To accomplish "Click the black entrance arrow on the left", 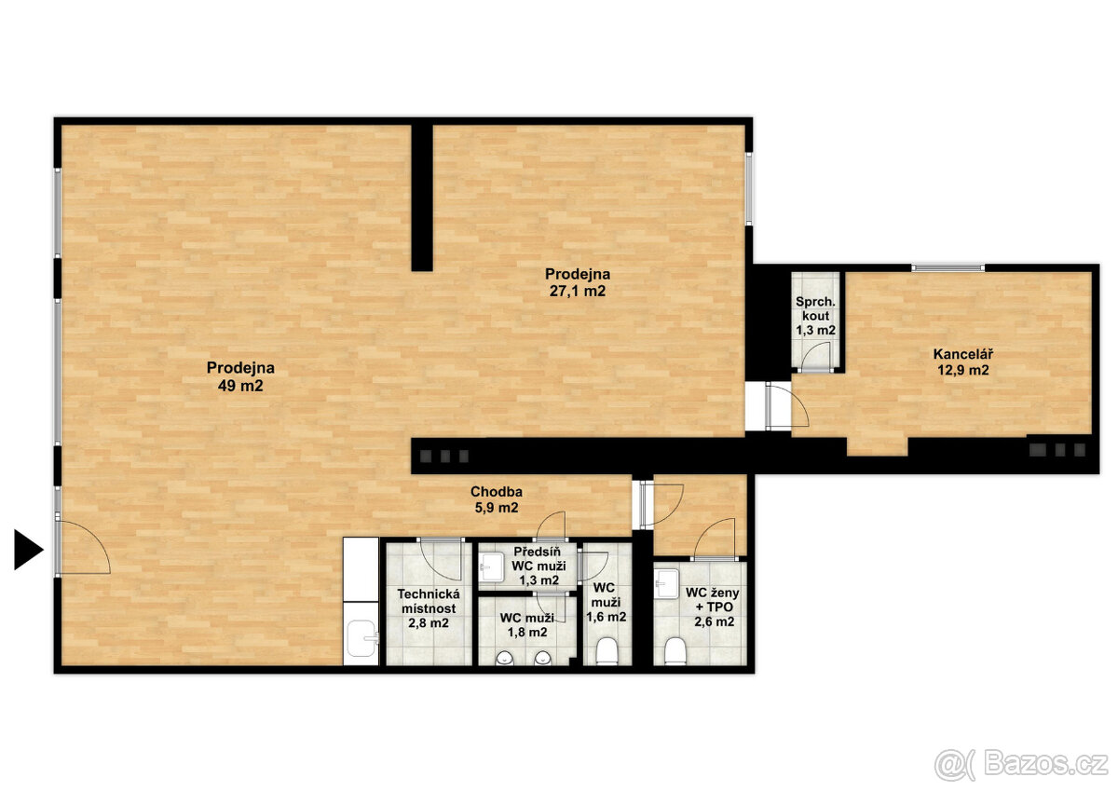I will [28, 549].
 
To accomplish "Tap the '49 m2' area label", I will [240, 386].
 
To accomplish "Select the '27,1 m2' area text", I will [578, 291].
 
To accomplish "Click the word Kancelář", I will [962, 354].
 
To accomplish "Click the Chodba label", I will [496, 492].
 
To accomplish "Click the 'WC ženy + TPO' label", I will [709, 607].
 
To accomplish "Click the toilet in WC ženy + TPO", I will [675, 650].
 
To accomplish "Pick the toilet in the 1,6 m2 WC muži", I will [606, 650].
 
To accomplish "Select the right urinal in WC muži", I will [543, 659].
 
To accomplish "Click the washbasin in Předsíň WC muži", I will [490, 565].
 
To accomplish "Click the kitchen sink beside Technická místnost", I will [361, 639].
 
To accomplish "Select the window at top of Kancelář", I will [948, 268].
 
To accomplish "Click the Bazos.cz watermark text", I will [1033, 764].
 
